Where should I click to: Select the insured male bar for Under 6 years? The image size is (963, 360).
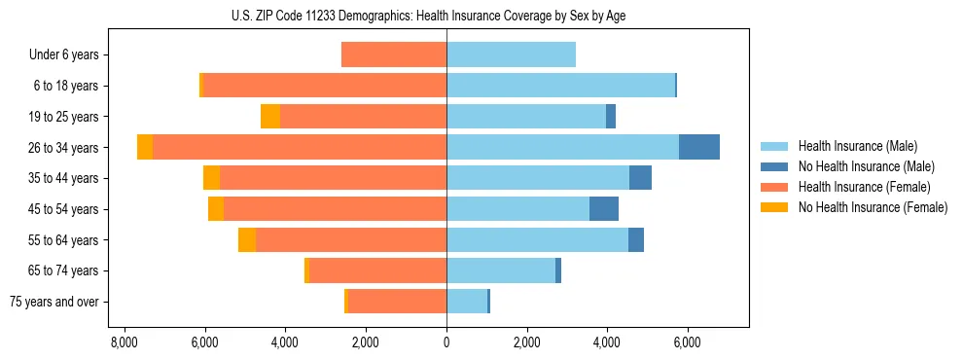tap(511, 54)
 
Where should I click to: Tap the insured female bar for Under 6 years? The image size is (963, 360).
tap(394, 54)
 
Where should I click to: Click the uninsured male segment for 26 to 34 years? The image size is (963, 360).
tap(698, 147)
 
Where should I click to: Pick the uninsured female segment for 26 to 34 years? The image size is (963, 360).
tap(145, 147)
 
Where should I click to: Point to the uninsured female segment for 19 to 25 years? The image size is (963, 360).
tap(270, 117)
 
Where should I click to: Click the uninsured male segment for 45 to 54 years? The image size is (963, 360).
tap(603, 209)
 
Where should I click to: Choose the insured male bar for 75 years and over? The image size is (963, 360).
tap(466, 302)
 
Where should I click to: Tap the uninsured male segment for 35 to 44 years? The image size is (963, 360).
tap(640, 178)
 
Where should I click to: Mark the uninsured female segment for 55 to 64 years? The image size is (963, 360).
tap(247, 240)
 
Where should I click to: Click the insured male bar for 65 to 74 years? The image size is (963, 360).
tap(500, 270)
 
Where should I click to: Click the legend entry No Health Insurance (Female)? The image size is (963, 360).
tap(873, 207)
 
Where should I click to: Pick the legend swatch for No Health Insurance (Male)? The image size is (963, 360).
tap(774, 166)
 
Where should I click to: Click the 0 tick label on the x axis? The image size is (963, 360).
tap(446, 342)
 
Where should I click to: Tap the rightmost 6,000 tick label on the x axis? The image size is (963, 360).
tap(687, 342)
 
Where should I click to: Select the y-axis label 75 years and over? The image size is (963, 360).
tap(53, 302)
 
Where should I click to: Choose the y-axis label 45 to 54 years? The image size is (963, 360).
tap(63, 209)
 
